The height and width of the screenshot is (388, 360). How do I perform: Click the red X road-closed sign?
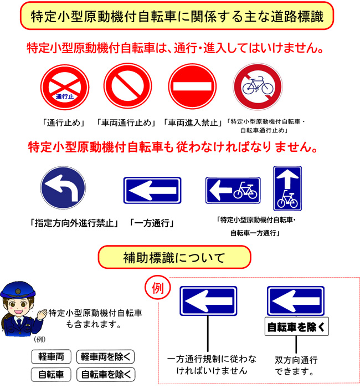[65, 87]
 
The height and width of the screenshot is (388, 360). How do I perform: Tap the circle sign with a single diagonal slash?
[127, 86]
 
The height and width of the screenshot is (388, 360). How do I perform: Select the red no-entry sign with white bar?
[192, 86]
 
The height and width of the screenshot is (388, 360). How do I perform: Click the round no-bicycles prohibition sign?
[258, 86]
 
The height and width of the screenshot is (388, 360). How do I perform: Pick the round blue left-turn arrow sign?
[63, 187]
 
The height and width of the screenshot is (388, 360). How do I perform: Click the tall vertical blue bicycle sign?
[287, 188]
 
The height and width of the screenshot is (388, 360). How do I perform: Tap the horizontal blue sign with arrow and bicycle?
[233, 190]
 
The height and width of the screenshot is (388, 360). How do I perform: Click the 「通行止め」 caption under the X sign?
[64, 122]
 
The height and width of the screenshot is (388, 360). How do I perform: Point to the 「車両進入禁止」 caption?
[193, 122]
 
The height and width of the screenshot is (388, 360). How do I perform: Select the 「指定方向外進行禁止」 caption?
[74, 223]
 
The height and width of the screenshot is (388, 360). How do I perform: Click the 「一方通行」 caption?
[152, 223]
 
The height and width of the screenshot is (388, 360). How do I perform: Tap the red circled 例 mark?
[158, 288]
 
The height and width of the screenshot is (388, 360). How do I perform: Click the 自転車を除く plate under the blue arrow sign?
[297, 326]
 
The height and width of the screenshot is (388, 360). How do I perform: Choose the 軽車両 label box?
[51, 356]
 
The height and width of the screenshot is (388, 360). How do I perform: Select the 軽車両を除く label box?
[106, 356]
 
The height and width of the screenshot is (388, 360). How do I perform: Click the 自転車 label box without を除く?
[51, 374]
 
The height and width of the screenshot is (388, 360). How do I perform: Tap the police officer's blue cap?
[18, 290]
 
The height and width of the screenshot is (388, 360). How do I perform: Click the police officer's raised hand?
[42, 315]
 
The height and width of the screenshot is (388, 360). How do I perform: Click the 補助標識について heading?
[174, 258]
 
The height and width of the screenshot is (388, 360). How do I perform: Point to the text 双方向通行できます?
[296, 366]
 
